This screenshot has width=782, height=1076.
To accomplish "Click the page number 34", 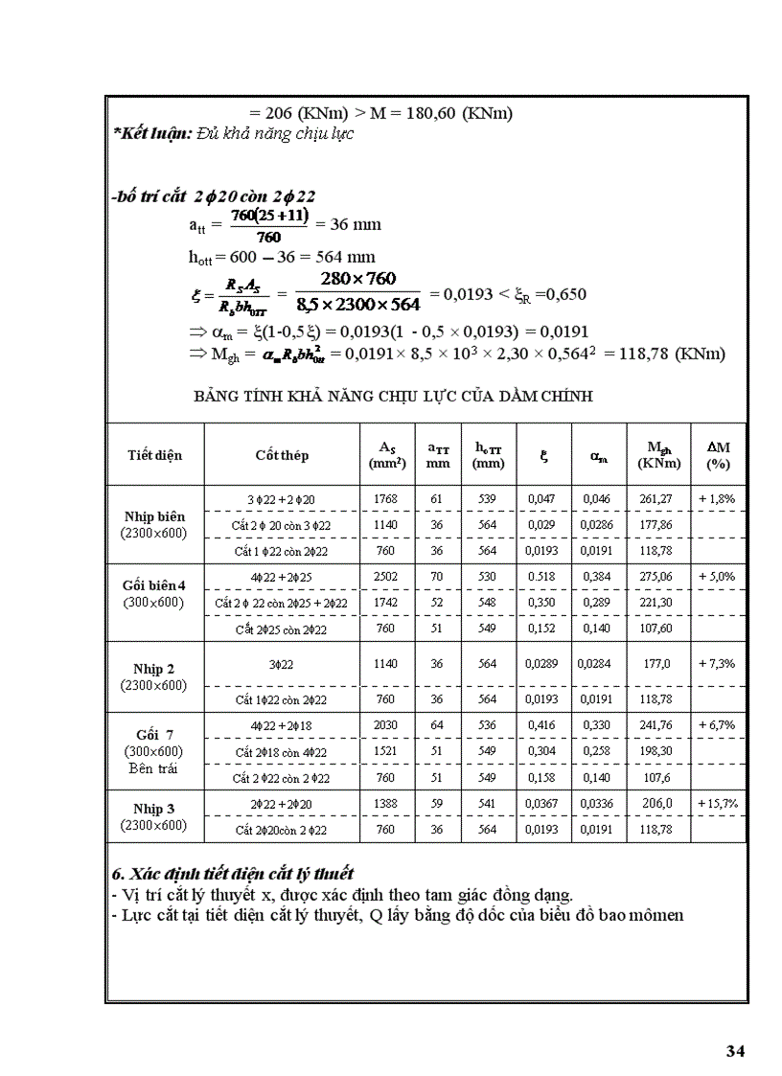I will click(735, 1051).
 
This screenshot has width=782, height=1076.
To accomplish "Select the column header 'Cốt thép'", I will click(282, 455).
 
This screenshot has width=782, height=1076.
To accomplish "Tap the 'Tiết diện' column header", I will click(154, 455).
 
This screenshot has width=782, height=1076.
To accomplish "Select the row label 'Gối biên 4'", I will click(153, 584).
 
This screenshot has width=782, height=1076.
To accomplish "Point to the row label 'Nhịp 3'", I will click(153, 809).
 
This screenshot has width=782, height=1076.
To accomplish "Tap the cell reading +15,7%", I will click(717, 803).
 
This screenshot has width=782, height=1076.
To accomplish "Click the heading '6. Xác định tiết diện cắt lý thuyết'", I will click(233, 874).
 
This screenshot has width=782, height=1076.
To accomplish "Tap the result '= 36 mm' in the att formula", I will click(349, 225).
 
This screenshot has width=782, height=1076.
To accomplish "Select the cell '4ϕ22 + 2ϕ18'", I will click(282, 725).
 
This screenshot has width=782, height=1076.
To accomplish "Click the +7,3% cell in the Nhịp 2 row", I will click(717, 662).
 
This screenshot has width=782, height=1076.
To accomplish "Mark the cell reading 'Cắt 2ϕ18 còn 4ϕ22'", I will click(282, 752).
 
